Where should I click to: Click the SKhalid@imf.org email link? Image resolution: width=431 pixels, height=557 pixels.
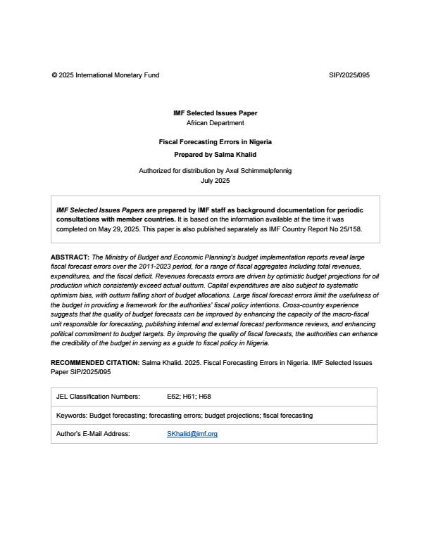pos(192,434)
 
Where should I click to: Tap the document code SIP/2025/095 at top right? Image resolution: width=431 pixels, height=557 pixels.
pos(349,75)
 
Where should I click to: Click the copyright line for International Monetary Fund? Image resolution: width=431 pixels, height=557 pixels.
pos(105,75)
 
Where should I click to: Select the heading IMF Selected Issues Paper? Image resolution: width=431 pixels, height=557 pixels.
pos(216,113)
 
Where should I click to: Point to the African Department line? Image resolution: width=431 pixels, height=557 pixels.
pos(216,123)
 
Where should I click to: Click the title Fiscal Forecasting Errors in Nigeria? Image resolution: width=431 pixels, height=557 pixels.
pos(216,142)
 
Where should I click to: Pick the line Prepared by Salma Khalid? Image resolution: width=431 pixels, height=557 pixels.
pos(216,154)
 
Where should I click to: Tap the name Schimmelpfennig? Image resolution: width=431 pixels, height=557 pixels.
pos(264,171)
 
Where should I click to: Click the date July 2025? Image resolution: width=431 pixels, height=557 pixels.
pos(216,181)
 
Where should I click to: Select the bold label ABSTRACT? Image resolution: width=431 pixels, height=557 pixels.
pos(70,258)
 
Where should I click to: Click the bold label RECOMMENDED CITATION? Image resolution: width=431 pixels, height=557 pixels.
pos(95,363)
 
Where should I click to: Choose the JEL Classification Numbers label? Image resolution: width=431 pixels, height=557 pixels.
pos(98,397)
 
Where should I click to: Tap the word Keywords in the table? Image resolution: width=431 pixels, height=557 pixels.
pos(71,416)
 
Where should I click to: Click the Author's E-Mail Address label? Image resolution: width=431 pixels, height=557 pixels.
pos(93,434)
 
